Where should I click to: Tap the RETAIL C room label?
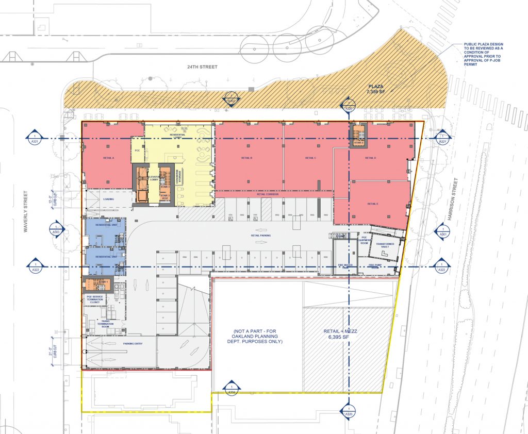pos(310,158)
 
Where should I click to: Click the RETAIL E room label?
pos(373,204)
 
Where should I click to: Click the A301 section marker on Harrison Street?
pos(442,231)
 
